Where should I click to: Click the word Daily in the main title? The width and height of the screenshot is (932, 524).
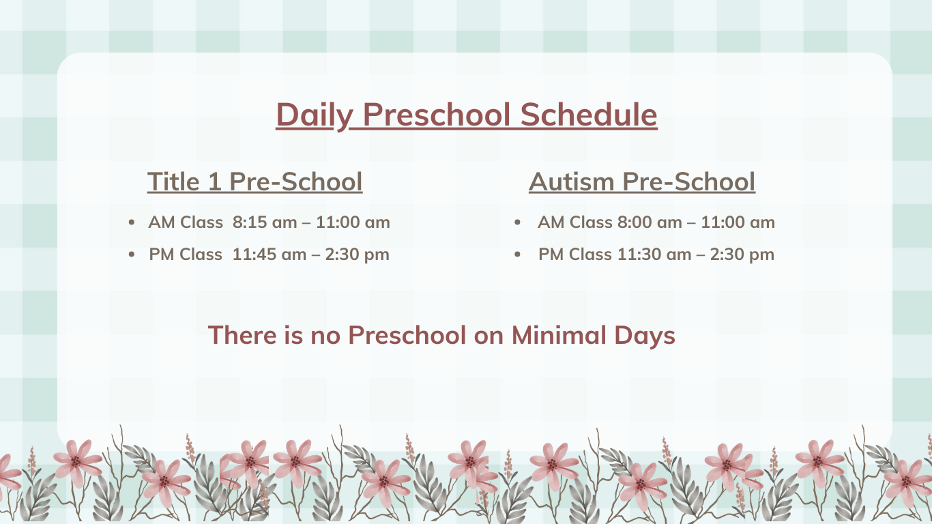(315, 115)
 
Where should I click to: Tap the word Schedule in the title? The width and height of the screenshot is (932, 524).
(589, 115)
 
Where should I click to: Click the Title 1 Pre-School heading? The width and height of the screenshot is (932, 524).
(254, 181)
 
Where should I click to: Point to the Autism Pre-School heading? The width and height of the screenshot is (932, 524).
(642, 181)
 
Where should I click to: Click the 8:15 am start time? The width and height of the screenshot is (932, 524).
(265, 222)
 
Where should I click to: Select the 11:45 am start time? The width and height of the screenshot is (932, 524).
(270, 254)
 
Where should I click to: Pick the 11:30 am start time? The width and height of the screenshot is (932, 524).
(654, 254)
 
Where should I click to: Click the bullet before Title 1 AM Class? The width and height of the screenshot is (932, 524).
(132, 222)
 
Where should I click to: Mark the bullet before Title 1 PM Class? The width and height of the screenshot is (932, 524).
(132, 254)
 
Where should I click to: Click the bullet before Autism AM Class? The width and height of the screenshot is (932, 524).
(517, 222)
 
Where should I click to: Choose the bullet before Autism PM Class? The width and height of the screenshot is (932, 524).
(517, 254)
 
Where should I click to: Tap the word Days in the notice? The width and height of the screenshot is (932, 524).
(645, 336)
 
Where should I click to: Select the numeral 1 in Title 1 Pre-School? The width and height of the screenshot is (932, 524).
(214, 181)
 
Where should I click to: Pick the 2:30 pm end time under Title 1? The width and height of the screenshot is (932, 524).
(357, 254)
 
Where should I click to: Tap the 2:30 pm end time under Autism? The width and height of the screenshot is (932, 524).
(742, 254)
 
